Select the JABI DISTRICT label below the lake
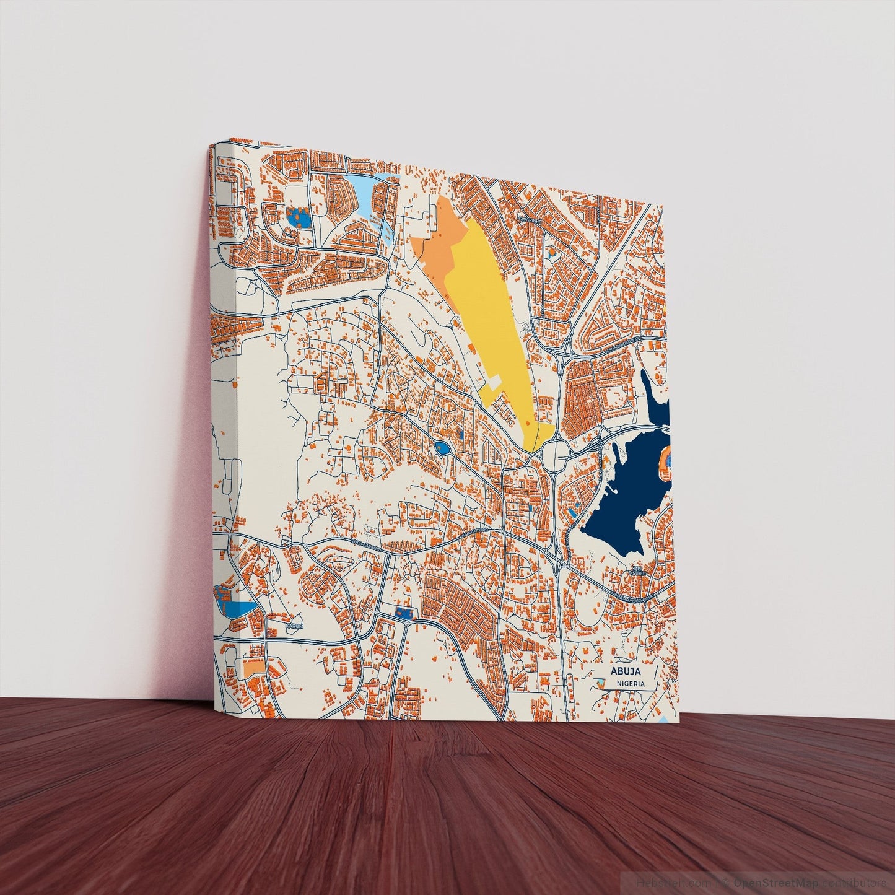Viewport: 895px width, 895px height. [638, 570]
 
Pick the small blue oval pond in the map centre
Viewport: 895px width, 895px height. [443, 448]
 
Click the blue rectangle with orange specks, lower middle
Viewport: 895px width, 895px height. [403, 612]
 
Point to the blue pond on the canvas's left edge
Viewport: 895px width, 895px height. [235, 606]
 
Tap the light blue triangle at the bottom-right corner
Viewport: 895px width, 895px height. [665, 718]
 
